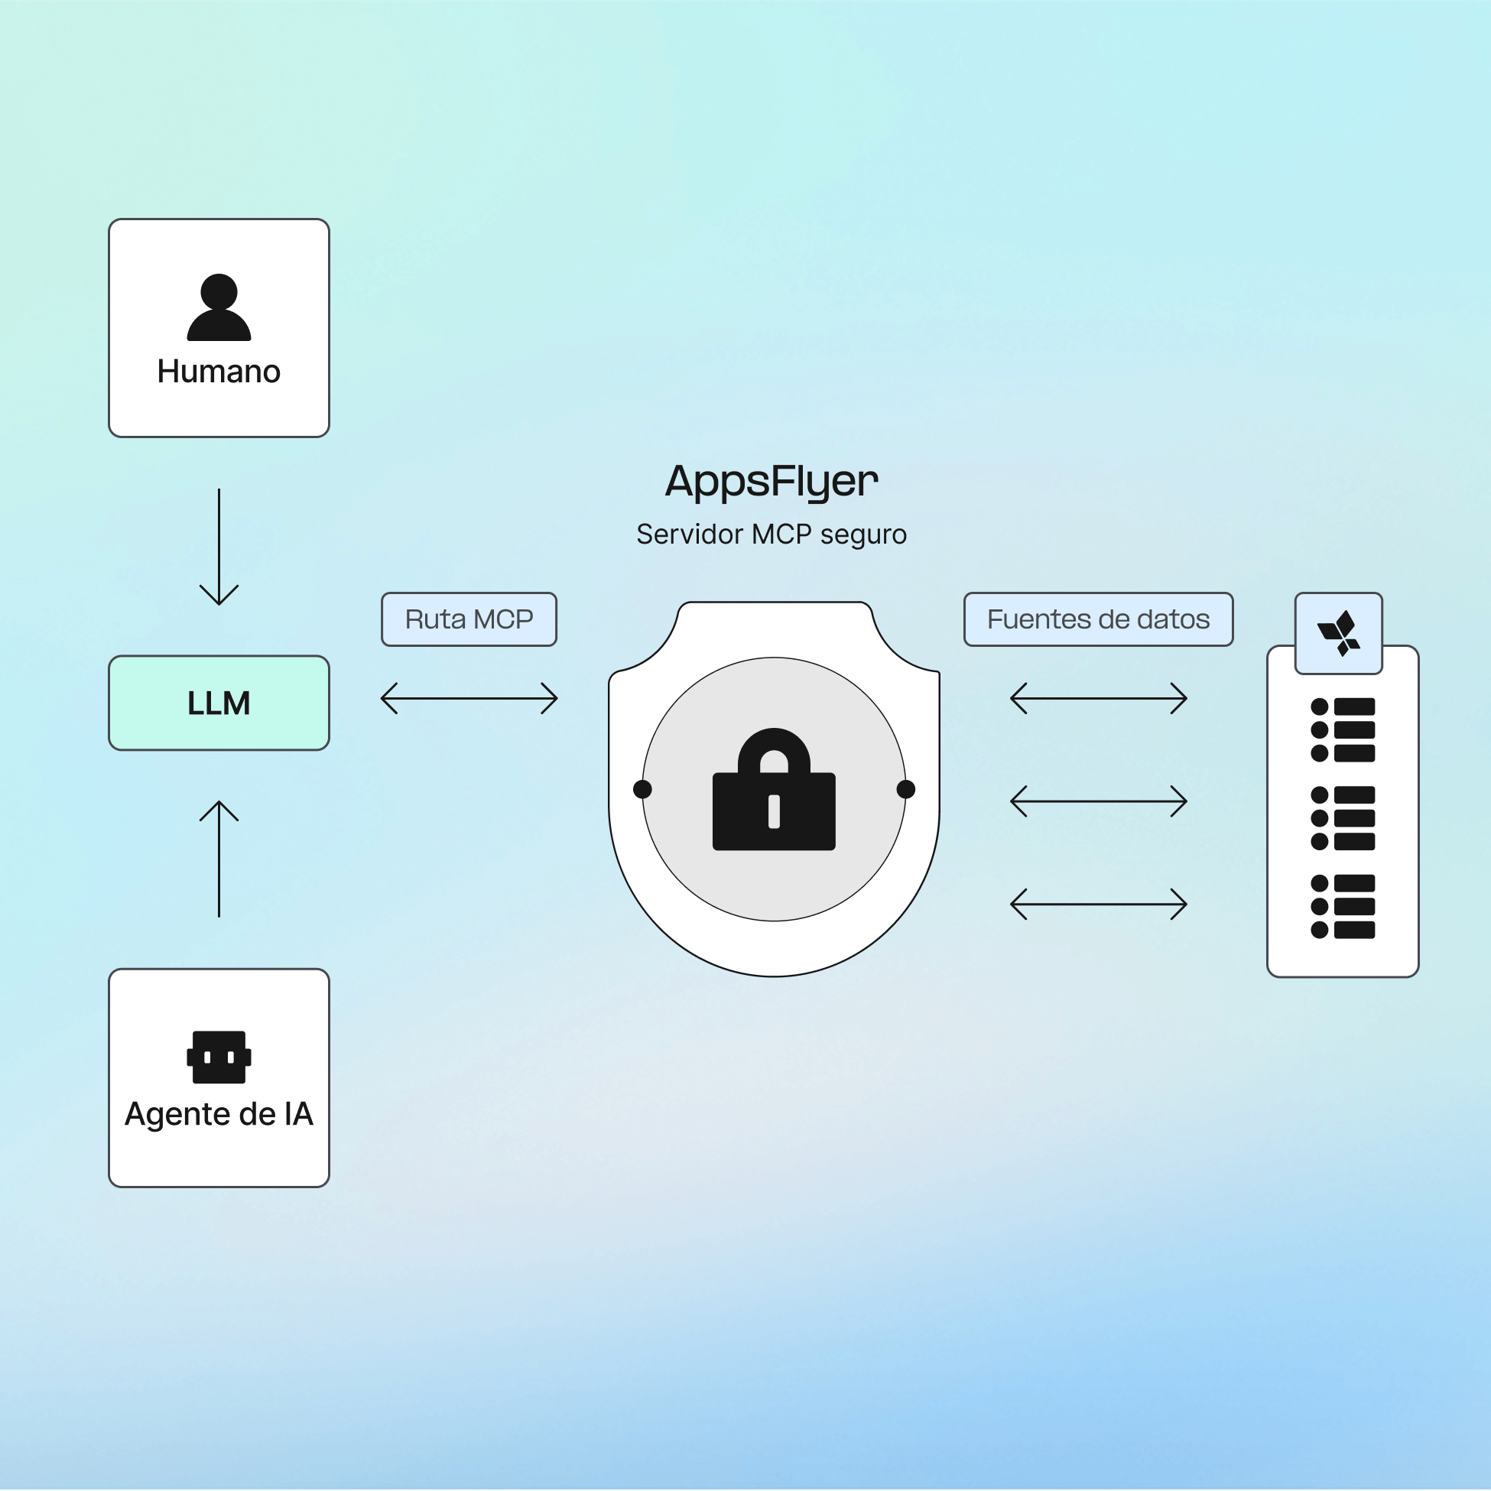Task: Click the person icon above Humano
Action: pyautogui.click(x=219, y=307)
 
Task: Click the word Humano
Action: pyautogui.click(x=219, y=371)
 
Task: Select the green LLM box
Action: pyautogui.click(x=219, y=703)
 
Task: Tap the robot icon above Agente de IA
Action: pyautogui.click(x=219, y=1057)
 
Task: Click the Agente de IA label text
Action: pyautogui.click(x=219, y=1113)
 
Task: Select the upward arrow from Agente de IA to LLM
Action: pyautogui.click(x=219, y=858)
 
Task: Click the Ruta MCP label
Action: pyautogui.click(x=469, y=619)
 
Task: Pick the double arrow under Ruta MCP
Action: pyautogui.click(x=469, y=697)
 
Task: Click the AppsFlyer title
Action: pyautogui.click(x=771, y=481)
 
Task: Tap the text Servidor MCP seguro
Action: pyautogui.click(x=771, y=534)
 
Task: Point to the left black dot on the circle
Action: pyautogui.click(x=642, y=789)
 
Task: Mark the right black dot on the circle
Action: pyautogui.click(x=905, y=789)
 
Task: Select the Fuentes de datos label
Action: pyautogui.click(x=1097, y=619)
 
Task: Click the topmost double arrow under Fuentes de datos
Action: pyautogui.click(x=1097, y=697)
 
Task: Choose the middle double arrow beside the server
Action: pyautogui.click(x=1097, y=801)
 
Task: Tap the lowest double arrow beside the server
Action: pyautogui.click(x=1097, y=904)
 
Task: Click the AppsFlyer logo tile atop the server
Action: pyautogui.click(x=1338, y=633)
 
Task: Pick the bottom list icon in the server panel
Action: pyautogui.click(x=1342, y=906)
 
